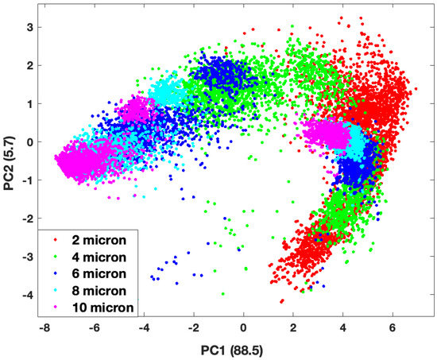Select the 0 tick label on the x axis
pos(244,327)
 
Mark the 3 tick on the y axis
pos(28,28)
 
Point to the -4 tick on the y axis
pos(25,294)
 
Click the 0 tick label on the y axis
pos(28,142)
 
